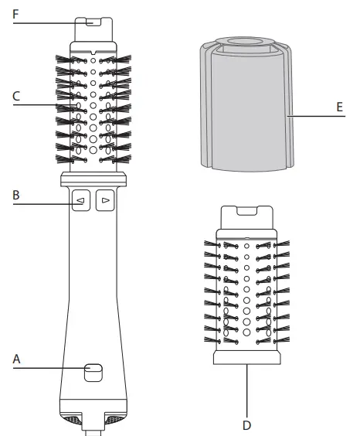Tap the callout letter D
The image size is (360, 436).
[x=247, y=424]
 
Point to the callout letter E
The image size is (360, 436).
[x=339, y=107]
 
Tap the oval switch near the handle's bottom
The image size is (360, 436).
[x=92, y=371]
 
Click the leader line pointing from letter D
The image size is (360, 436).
[x=247, y=390]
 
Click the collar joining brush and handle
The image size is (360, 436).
[x=92, y=179]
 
